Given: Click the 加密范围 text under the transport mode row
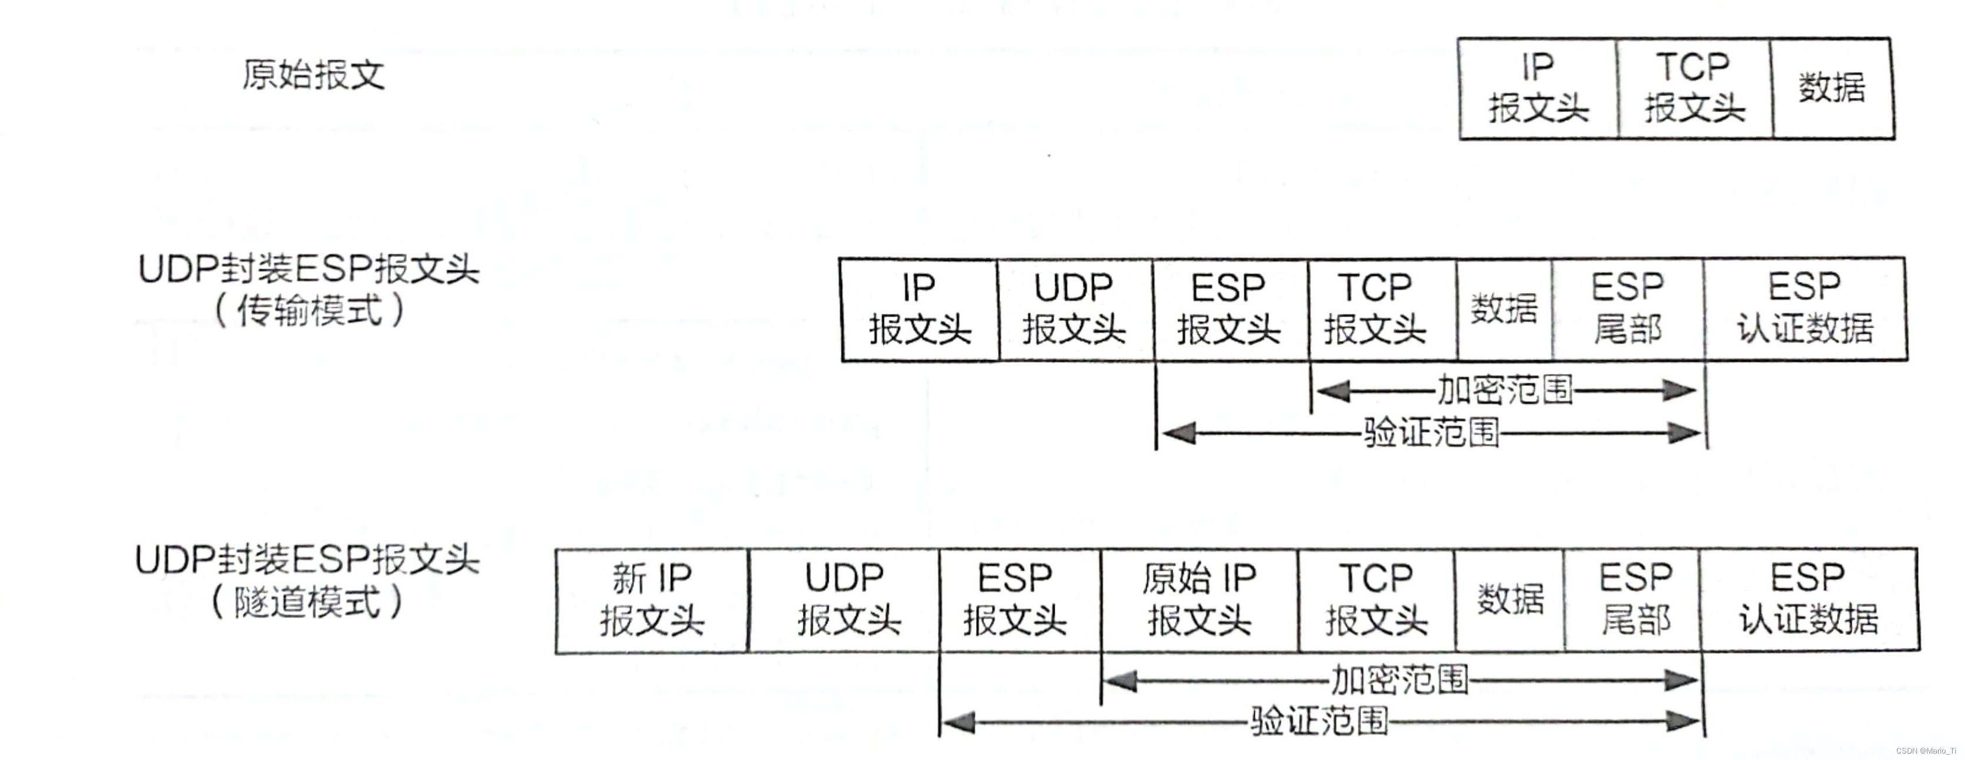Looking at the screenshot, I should pyautogui.click(x=1504, y=391).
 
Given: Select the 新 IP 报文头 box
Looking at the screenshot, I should pyautogui.click(x=651, y=600).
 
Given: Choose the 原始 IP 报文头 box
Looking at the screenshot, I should pyautogui.click(x=1199, y=600).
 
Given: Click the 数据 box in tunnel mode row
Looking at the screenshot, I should pyautogui.click(x=1510, y=600).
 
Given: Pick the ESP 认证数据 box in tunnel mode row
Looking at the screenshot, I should pyautogui.click(x=1809, y=600).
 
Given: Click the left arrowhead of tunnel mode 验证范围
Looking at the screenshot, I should pyautogui.click(x=958, y=722).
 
